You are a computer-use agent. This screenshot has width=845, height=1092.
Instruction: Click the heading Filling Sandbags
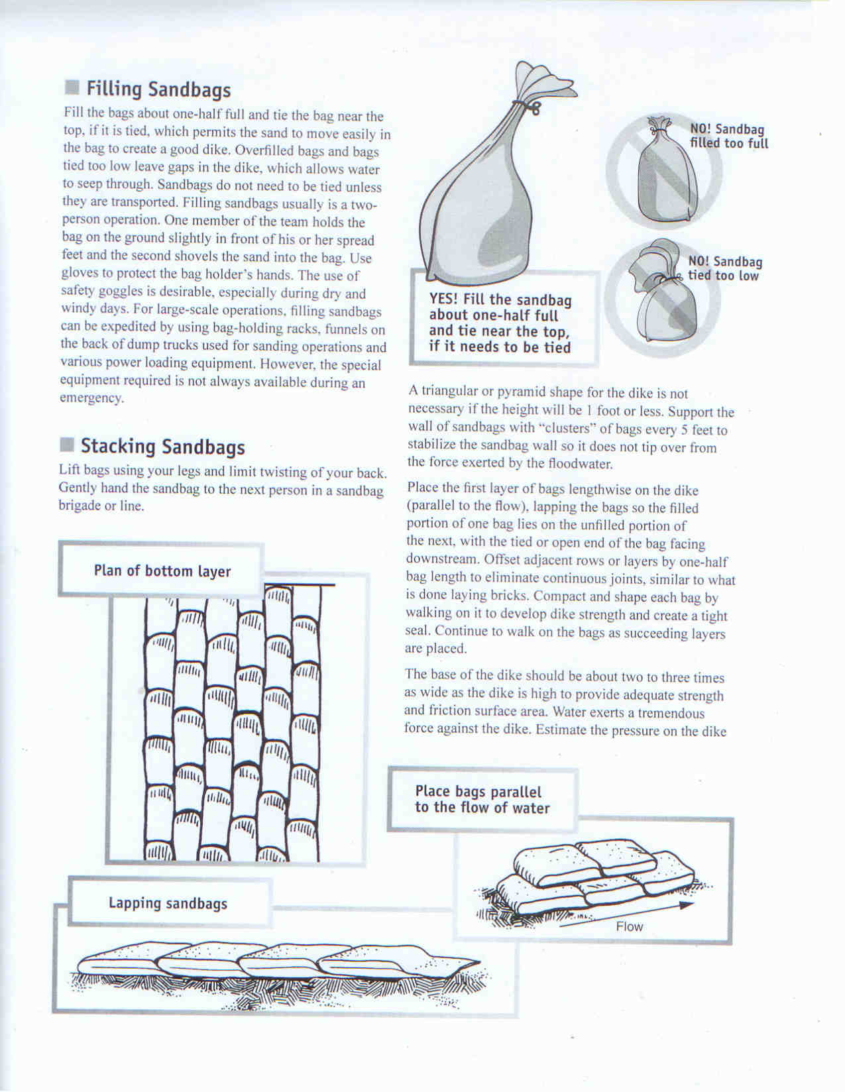pyautogui.click(x=158, y=89)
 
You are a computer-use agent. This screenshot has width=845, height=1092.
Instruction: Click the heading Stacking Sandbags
pyautogui.click(x=162, y=447)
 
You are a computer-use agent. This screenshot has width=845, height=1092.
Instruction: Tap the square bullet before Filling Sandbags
pyautogui.click(x=72, y=88)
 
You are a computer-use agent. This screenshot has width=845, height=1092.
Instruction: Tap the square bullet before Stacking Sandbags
pyautogui.click(x=67, y=445)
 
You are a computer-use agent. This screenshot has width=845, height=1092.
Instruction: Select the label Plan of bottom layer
pyautogui.click(x=162, y=571)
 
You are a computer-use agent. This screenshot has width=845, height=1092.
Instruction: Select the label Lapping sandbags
pyautogui.click(x=168, y=903)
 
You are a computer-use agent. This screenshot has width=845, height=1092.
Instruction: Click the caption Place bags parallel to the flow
pyautogui.click(x=482, y=800)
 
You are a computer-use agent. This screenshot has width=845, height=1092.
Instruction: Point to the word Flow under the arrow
pyautogui.click(x=629, y=926)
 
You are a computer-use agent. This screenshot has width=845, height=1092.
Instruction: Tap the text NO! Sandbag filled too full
pyautogui.click(x=728, y=136)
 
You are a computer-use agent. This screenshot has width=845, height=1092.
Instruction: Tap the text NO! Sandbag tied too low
pyautogui.click(x=724, y=268)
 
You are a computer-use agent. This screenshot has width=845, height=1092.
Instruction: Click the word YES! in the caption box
pyautogui.click(x=443, y=300)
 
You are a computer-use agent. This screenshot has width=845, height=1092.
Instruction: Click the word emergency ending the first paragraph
pyautogui.click(x=91, y=399)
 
